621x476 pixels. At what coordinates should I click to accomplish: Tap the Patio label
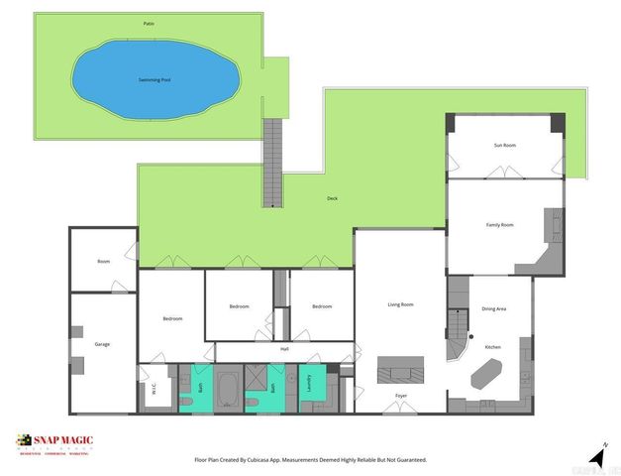pyautogui.click(x=149, y=22)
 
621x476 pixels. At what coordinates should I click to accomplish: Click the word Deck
pyautogui.click(x=333, y=198)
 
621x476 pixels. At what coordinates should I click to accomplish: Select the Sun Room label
pyautogui.click(x=505, y=146)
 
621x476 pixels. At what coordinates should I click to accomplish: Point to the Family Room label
pyautogui.click(x=500, y=225)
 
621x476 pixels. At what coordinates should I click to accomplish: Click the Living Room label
pyautogui.click(x=400, y=304)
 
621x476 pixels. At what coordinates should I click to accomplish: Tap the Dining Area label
pyautogui.click(x=494, y=309)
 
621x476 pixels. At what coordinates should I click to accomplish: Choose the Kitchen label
pyautogui.click(x=492, y=347)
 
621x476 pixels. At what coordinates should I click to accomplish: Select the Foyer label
pyautogui.click(x=401, y=396)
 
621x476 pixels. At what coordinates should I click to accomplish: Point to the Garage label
pyautogui.click(x=102, y=344)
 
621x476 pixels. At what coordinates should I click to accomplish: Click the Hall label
pyautogui.click(x=284, y=349)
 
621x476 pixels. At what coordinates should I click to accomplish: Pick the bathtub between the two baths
pyautogui.click(x=227, y=389)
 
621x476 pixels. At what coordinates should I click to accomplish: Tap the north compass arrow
pyautogui.click(x=597, y=455)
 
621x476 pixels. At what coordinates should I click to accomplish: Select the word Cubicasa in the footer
pyautogui.click(x=285, y=460)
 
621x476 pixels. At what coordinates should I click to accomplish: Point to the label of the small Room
pyautogui.click(x=103, y=262)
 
